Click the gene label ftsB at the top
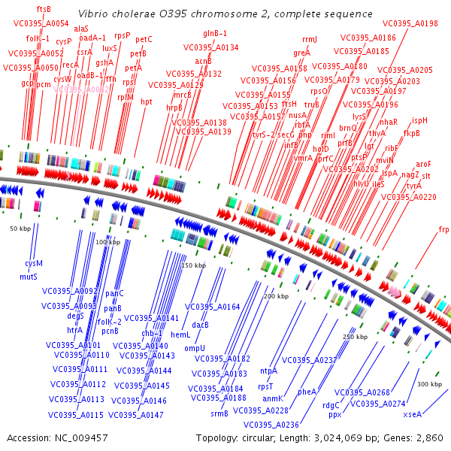pos(44,9)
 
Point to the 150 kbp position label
pos(193,265)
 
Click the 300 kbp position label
pos(429,384)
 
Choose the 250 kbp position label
pos(355,337)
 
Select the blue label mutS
pos(29,277)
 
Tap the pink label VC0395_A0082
pos(83,89)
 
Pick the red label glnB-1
pos(215,33)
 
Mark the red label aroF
pos(424,164)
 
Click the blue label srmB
pos(219,413)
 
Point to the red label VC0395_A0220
pos(408,197)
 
